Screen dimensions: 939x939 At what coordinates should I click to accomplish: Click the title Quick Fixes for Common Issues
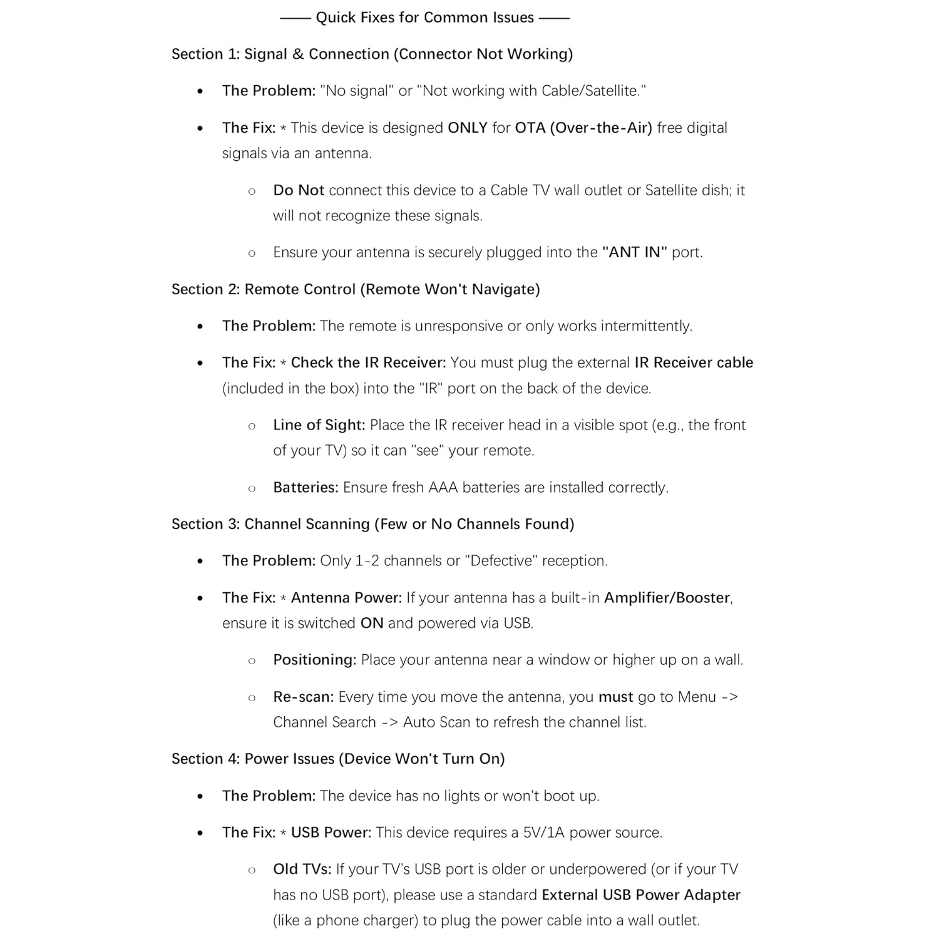click(424, 18)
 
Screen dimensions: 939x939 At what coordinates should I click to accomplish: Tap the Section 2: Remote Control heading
click(356, 289)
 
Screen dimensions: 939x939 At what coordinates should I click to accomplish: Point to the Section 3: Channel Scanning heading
click(372, 524)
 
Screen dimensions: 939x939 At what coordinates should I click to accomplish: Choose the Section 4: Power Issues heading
click(338, 759)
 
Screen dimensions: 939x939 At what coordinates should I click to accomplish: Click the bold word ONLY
click(467, 128)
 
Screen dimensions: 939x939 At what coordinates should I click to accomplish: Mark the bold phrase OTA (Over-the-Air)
click(583, 128)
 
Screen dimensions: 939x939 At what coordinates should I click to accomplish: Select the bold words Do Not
click(299, 190)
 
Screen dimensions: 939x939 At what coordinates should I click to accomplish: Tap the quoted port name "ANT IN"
click(634, 252)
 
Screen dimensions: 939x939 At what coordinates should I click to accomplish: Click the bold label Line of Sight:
click(319, 425)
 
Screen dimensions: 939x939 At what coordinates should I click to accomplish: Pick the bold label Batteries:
click(305, 488)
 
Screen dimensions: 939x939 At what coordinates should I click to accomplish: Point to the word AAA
click(443, 488)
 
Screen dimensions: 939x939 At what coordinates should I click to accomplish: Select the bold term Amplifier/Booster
click(667, 598)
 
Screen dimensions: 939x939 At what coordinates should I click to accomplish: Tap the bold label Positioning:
click(314, 660)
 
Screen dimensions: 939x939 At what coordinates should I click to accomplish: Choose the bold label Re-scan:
click(303, 697)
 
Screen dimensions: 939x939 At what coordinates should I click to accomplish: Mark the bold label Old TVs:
click(302, 870)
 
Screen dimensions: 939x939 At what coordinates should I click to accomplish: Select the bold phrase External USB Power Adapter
click(641, 895)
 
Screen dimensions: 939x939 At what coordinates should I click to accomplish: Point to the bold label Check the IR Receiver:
click(368, 362)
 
